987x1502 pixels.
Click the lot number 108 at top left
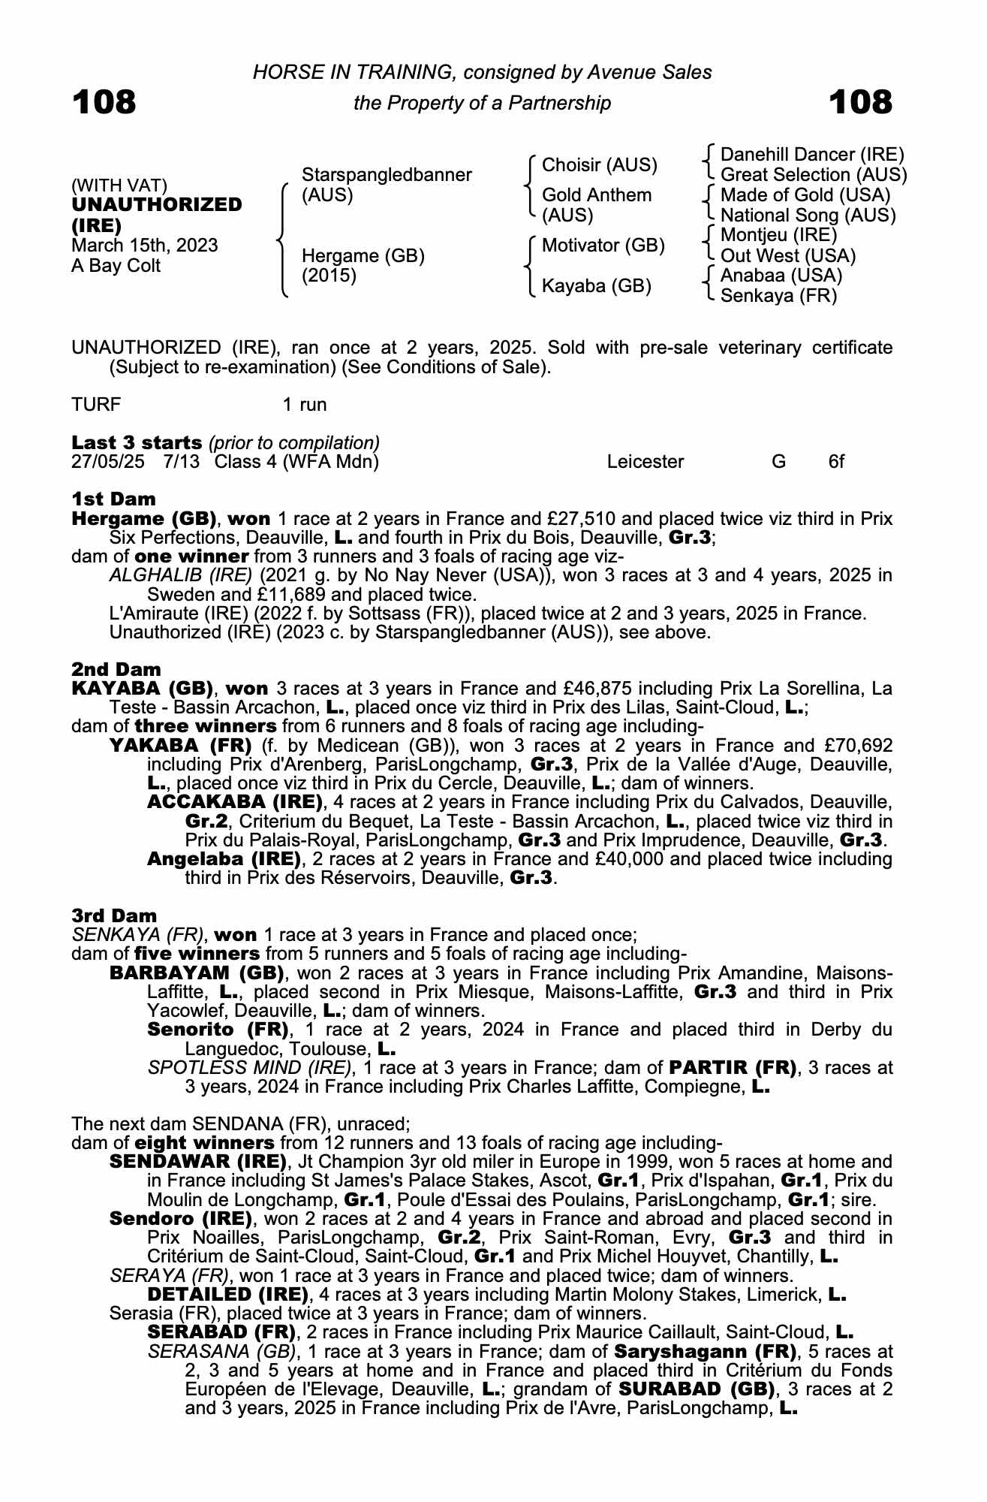(104, 102)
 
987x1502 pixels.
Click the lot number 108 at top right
(860, 102)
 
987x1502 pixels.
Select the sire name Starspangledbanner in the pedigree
(387, 175)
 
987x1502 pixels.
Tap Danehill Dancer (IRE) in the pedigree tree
(812, 155)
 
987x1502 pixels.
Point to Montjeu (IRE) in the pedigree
(778, 236)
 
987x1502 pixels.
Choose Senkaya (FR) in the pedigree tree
(778, 296)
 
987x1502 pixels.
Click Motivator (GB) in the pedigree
(603, 246)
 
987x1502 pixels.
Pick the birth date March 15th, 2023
(145, 246)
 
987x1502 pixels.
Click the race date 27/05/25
(108, 461)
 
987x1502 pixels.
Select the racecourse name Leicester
(645, 461)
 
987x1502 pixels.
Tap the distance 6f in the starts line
(836, 461)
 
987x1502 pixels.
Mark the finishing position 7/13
(182, 461)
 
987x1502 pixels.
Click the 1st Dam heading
(114, 499)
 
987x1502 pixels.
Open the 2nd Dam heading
(116, 669)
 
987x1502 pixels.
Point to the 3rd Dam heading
(115, 915)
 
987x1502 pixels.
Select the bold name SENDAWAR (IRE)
(198, 1162)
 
